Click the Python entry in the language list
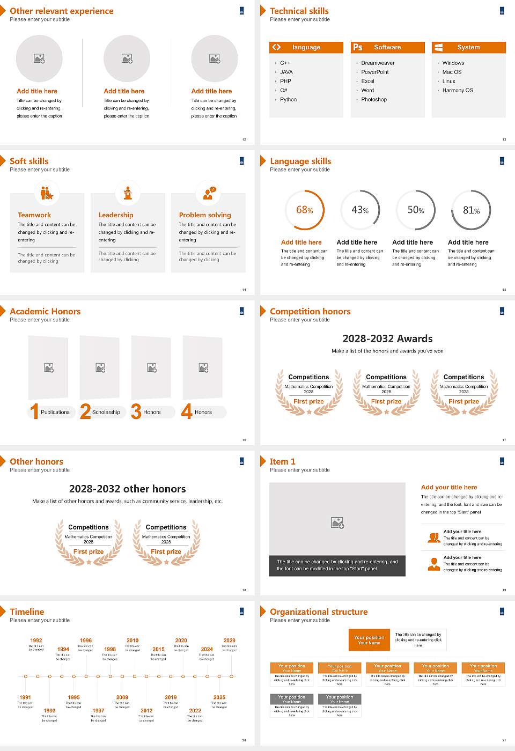click(288, 100)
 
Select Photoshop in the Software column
click(373, 100)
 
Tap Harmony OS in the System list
click(458, 91)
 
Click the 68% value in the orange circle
click(304, 210)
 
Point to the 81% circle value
click(471, 210)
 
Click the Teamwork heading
click(34, 215)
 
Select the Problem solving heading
click(205, 215)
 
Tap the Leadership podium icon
click(128, 193)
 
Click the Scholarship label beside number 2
click(106, 413)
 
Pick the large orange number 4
click(187, 411)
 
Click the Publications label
click(55, 413)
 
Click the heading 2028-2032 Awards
click(387, 339)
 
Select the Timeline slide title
click(27, 612)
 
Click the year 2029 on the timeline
click(230, 640)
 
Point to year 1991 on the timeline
click(25, 698)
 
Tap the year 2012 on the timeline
click(146, 711)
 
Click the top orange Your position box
click(369, 640)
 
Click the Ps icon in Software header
click(358, 47)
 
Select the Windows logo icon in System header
click(438, 47)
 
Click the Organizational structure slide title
click(319, 612)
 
